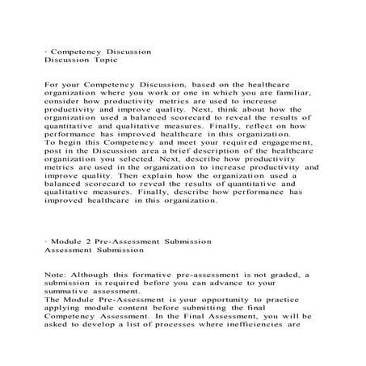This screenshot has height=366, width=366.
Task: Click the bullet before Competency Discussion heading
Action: point(46,51)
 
